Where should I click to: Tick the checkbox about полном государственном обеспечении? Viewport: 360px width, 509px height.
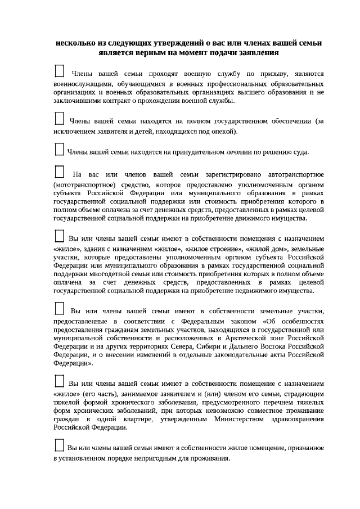point(58,119)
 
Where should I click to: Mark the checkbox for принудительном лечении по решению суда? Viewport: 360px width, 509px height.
point(58,149)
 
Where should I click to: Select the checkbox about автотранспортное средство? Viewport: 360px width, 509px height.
point(58,172)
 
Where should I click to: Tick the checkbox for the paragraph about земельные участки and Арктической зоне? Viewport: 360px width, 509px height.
point(58,308)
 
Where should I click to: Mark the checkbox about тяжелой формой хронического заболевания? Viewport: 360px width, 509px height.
point(58,381)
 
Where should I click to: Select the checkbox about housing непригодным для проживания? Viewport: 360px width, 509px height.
point(58,445)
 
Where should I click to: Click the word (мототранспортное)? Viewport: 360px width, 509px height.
point(83,184)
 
